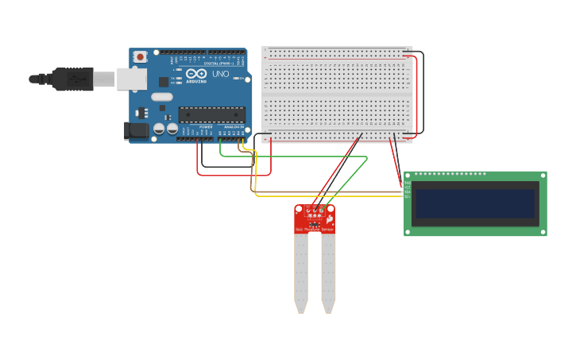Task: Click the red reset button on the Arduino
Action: pyautogui.click(x=141, y=56)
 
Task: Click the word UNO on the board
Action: pyautogui.click(x=220, y=74)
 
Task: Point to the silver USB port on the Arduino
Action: pyautogui.click(x=132, y=79)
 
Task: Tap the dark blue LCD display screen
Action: pyautogui.click(x=475, y=203)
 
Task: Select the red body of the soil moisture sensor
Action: pyautogui.click(x=315, y=219)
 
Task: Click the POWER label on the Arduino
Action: pyautogui.click(x=206, y=127)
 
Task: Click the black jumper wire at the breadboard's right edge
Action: pyautogui.click(x=423, y=91)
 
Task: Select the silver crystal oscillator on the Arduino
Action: pyautogui.click(x=161, y=97)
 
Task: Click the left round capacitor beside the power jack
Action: pyautogui.click(x=159, y=128)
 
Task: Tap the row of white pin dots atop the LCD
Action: pyautogui.click(x=450, y=174)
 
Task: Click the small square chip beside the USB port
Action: pyautogui.click(x=164, y=81)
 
